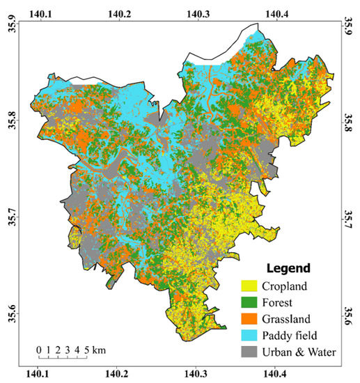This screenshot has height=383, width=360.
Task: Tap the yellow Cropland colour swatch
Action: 249,286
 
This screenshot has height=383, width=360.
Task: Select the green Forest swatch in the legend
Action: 249,302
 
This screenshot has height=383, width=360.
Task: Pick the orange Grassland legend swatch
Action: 249,319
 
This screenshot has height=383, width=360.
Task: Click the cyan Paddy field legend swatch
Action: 249,336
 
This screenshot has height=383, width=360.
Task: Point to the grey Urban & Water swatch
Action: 249,352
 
